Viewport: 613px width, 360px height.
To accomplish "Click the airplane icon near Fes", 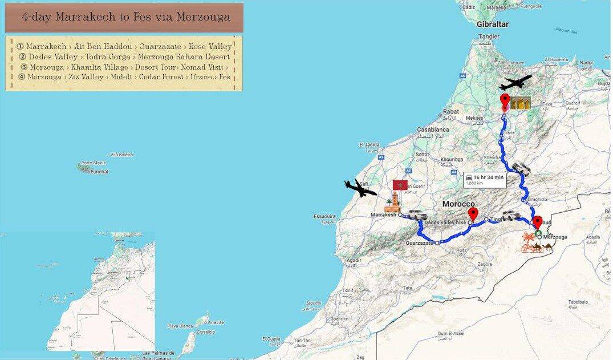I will (x=515, y=84).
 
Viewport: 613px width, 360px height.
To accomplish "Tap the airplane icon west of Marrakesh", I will (x=360, y=188).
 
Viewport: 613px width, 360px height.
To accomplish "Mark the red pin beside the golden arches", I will (x=505, y=103).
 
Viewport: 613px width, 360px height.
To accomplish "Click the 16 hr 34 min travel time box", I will (x=485, y=179).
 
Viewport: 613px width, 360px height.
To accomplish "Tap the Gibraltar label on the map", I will (x=493, y=25).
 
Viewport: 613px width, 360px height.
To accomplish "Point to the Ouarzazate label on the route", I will (x=420, y=243).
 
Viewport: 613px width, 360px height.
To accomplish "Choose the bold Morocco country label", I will (x=458, y=204).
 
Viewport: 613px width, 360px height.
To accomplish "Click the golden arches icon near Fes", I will (x=521, y=103).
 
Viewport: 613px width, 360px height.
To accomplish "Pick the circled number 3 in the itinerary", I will (x=24, y=67).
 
